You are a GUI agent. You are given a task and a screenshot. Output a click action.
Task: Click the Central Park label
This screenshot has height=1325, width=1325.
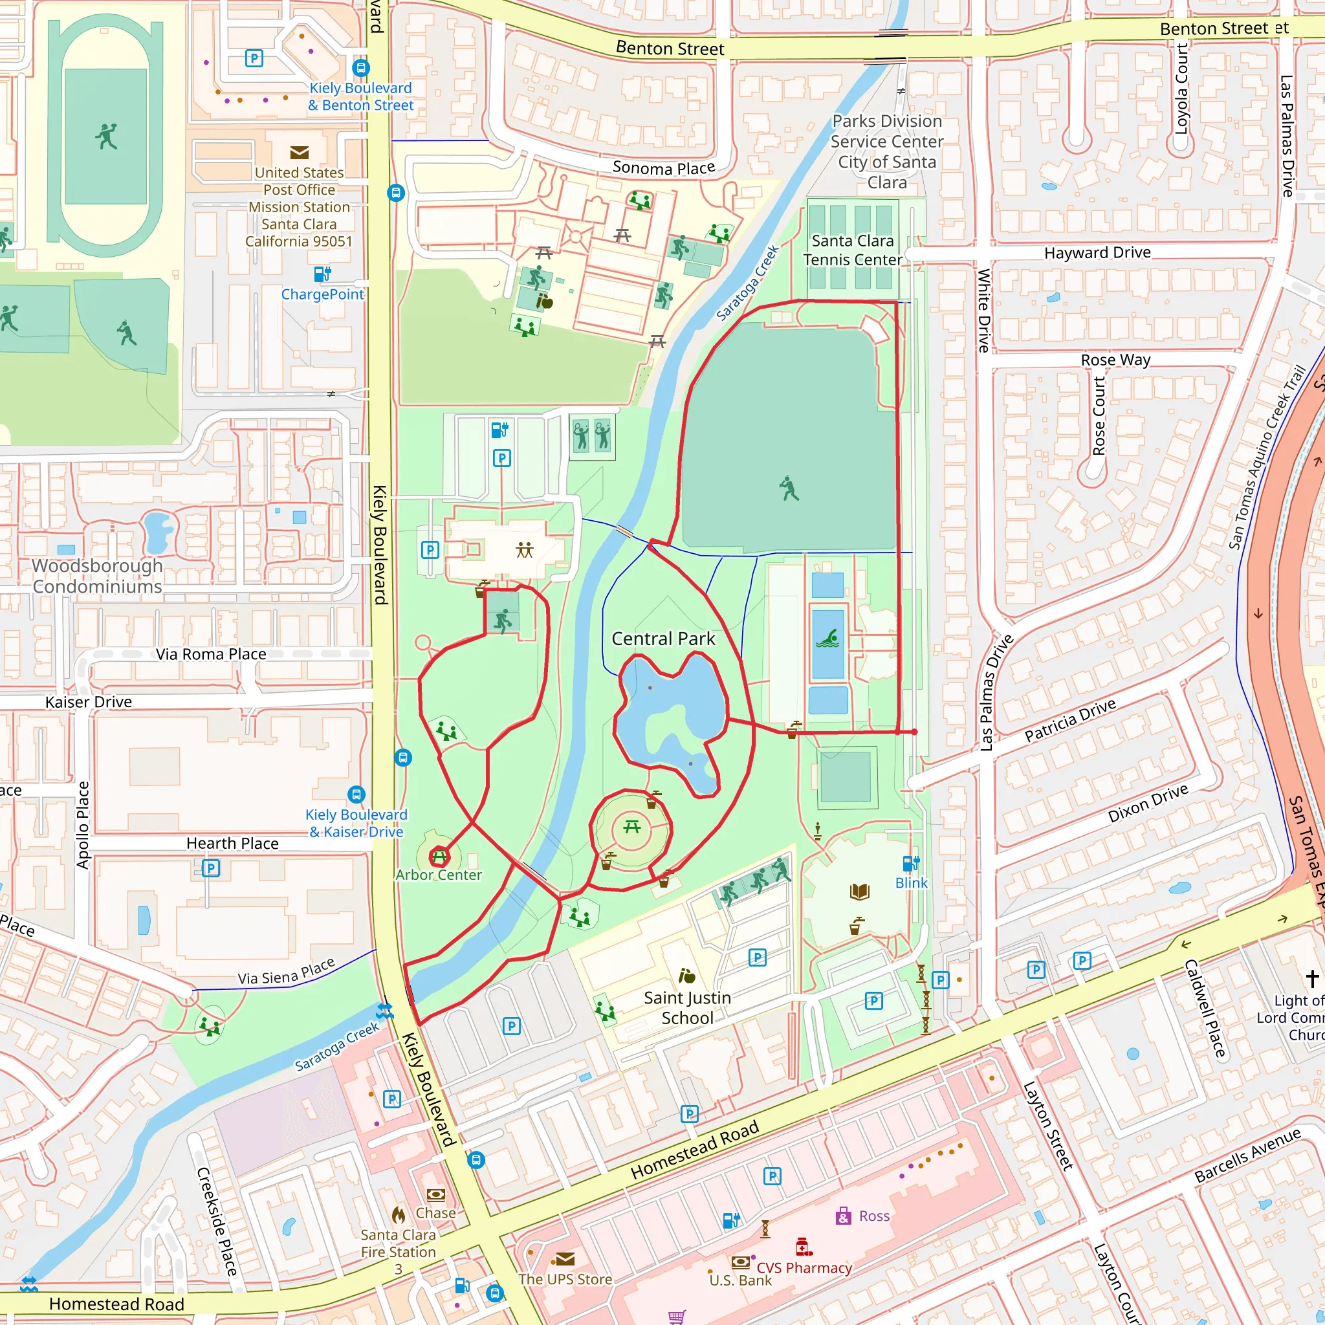(x=662, y=639)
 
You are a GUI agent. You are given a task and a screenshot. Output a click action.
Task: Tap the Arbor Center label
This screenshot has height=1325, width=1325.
(x=438, y=875)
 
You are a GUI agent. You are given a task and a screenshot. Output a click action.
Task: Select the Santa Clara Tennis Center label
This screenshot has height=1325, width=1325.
(x=853, y=250)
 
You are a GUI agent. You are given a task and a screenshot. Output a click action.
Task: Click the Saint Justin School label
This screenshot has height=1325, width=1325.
(x=687, y=1007)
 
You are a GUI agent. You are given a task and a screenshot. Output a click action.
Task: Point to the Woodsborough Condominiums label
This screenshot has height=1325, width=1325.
(x=98, y=576)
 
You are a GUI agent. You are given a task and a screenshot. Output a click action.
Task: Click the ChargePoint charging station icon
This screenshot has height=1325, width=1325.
(x=322, y=274)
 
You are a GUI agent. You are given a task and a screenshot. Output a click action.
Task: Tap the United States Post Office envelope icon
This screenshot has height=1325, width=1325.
(x=299, y=152)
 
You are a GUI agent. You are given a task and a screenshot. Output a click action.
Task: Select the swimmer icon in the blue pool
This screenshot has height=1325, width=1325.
(x=827, y=639)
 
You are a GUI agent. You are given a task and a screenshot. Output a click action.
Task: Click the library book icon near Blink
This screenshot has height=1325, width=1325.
(x=859, y=892)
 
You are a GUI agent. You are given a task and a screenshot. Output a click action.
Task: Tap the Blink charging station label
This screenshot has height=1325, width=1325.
(x=911, y=883)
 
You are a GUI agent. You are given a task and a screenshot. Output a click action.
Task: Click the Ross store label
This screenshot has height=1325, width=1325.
(x=873, y=1216)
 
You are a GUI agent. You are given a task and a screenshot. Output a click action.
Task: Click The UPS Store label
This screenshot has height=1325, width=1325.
(x=565, y=1279)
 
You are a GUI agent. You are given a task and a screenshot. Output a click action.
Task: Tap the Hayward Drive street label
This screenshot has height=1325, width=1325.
(x=1097, y=253)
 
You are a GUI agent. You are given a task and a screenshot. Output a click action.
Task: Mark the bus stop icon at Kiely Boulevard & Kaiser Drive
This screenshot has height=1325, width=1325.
(x=356, y=794)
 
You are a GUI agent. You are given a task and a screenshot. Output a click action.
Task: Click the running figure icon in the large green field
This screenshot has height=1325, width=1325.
(x=789, y=488)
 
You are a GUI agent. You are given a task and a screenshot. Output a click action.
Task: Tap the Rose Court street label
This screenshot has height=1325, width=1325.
(x=1099, y=415)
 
